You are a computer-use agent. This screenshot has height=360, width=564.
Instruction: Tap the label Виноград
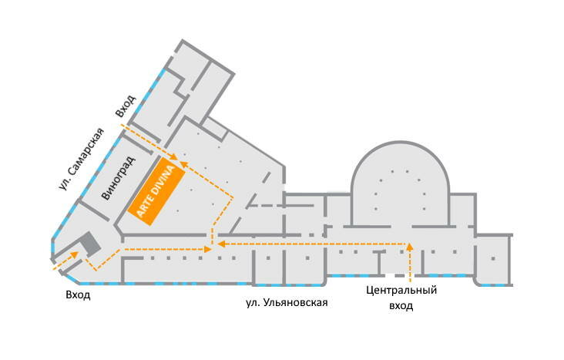(x=119, y=178)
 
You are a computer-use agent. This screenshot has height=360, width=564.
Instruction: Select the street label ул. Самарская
(x=81, y=158)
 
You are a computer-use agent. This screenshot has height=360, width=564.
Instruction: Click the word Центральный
(x=401, y=291)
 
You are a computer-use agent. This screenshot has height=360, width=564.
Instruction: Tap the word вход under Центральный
(x=401, y=305)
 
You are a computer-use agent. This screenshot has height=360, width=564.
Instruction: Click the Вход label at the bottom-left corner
(x=79, y=294)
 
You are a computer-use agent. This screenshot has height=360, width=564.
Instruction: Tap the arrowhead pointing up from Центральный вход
(x=410, y=247)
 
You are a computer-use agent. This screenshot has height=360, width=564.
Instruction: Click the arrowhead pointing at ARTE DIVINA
(x=179, y=162)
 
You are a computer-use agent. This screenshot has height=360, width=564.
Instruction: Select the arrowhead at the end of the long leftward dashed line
(x=220, y=244)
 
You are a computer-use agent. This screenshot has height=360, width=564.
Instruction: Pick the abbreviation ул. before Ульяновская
(x=251, y=302)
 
